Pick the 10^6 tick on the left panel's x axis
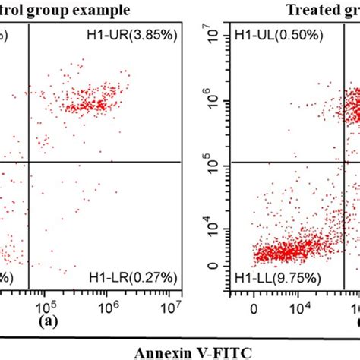coord(109,307)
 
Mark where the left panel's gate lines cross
coord(29,162)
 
